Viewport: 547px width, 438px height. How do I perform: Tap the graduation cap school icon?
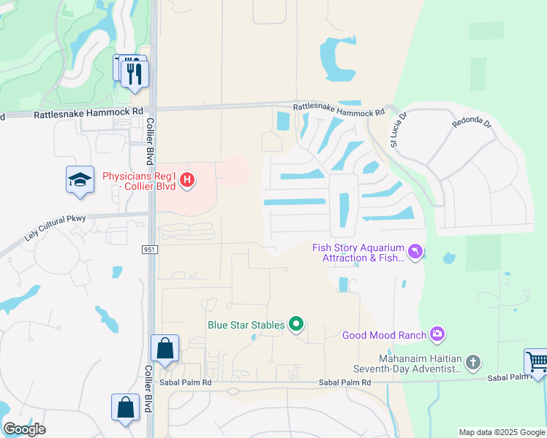point(80,180)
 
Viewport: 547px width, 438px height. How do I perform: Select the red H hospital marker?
point(188,179)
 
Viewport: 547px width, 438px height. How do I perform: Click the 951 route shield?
point(148,250)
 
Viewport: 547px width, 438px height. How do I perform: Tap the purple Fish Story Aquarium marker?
point(415,252)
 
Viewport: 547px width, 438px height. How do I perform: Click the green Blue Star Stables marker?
point(295,324)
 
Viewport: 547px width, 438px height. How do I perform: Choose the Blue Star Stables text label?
point(245,325)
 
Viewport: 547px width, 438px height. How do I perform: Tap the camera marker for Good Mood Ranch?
point(437,334)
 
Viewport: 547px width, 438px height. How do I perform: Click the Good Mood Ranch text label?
point(384,336)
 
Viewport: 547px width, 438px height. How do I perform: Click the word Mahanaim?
point(404,358)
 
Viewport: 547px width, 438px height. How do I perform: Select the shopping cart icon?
point(537,362)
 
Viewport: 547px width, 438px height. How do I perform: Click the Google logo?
point(24,429)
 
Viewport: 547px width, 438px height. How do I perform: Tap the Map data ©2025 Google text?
point(502,432)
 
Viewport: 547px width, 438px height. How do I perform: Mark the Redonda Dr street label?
point(472,122)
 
